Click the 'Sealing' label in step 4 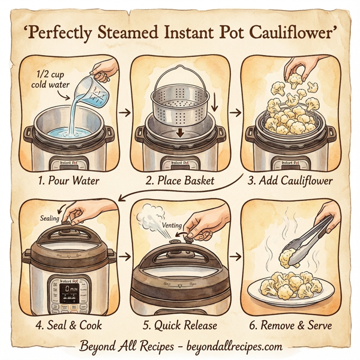coord(52,218)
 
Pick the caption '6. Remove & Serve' coord(292,326)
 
